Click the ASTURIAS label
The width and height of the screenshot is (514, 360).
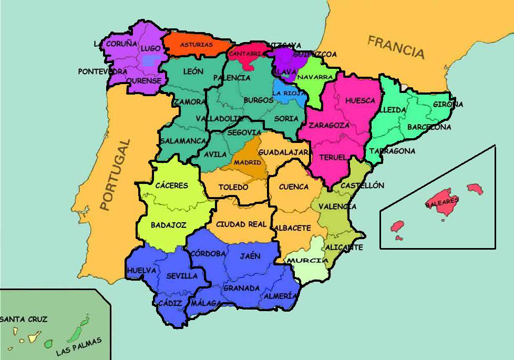click(197, 45)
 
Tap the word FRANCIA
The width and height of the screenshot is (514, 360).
click(396, 47)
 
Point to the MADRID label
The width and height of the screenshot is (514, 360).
click(248, 162)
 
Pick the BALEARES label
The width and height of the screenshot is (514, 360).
click(442, 201)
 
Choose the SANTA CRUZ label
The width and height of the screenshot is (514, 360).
click(23, 318)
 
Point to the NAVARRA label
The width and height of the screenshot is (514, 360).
click(315, 77)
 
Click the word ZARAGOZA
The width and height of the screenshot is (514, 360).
click(329, 125)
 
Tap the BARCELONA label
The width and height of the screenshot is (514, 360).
click(429, 127)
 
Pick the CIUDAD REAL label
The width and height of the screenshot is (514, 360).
click(242, 224)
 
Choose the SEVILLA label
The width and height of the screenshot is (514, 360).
click(182, 275)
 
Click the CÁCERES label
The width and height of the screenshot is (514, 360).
click(172, 185)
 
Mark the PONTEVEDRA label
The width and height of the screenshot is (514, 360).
click(102, 71)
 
